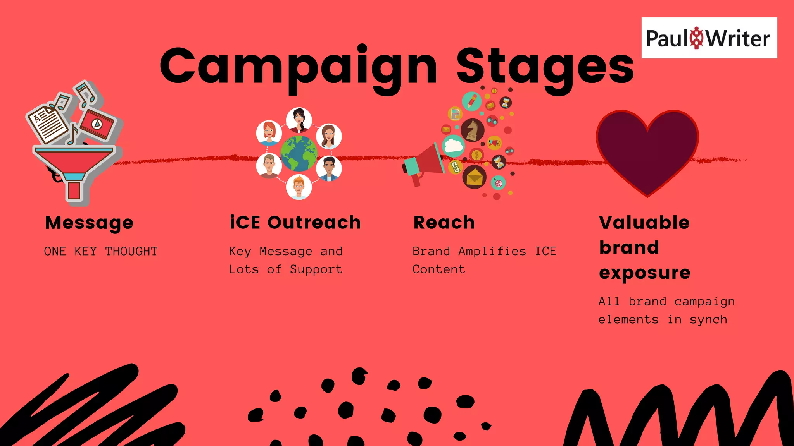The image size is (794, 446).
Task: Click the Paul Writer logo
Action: click(709, 38)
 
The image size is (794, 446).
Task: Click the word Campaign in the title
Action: click(299, 67)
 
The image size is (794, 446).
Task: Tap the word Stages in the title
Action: click(545, 67)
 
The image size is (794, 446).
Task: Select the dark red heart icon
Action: click(647, 151)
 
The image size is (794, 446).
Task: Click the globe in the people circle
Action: click(299, 153)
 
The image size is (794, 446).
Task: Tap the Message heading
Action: click(89, 223)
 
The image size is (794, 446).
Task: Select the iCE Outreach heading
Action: click(295, 223)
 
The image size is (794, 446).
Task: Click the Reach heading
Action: click(444, 223)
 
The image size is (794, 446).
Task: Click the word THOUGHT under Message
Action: click(131, 251)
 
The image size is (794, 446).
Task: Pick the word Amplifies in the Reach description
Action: click(492, 251)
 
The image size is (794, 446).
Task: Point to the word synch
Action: click(708, 320)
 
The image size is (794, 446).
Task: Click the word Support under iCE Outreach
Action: click(316, 269)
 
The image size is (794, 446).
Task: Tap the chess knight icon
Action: click(472, 130)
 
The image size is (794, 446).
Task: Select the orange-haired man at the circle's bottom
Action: click(299, 187)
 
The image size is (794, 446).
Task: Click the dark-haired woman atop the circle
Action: click(299, 120)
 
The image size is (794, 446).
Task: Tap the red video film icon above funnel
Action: click(97, 124)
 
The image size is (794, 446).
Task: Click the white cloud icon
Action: click(453, 146)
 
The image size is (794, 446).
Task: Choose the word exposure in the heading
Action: click(645, 273)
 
